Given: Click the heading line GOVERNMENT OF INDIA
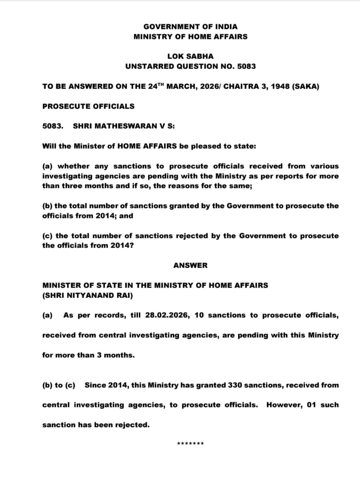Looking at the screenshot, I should click(190, 27).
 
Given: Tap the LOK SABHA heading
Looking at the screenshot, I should click(190, 57).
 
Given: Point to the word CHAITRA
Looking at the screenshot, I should click(241, 86).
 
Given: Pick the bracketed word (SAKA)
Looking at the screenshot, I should click(305, 86).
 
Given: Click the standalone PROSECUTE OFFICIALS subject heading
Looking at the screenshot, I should click(88, 106).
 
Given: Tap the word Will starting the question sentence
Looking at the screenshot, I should click(49, 146).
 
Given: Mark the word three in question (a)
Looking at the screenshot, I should click(70, 186).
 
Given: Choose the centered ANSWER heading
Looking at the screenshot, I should click(190, 265).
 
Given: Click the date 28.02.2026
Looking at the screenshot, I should click(167, 315).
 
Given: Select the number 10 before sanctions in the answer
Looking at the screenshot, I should click(199, 315).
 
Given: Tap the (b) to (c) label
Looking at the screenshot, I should click(59, 385).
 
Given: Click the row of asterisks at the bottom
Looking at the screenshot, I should click(190, 444).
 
